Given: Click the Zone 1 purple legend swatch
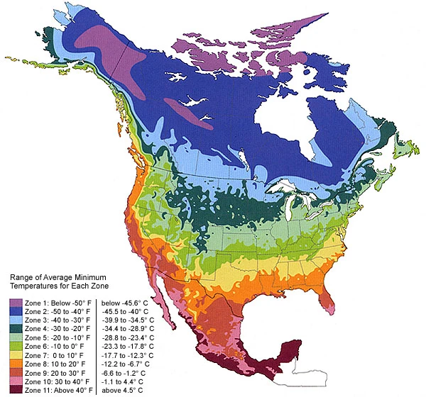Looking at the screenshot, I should [14, 302].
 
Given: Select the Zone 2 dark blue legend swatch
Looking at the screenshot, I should [14, 311].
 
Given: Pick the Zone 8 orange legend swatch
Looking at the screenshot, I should [14, 367].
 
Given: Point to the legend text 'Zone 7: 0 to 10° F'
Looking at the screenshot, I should [50, 357].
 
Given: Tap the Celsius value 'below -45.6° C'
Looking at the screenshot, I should [128, 302].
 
